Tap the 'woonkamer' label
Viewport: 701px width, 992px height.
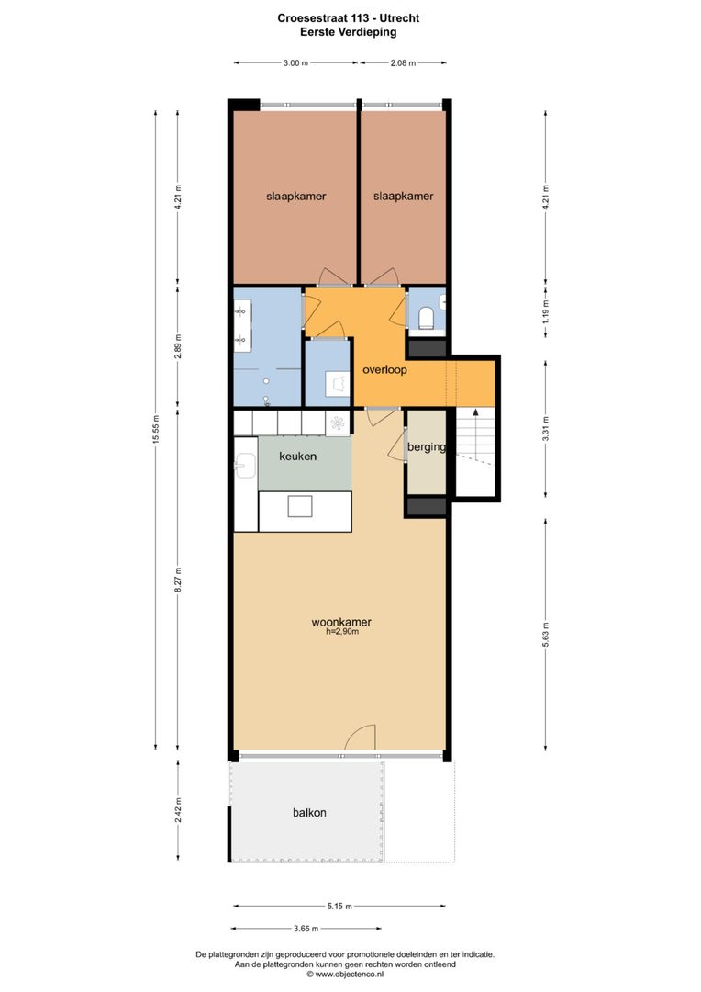point(341,622)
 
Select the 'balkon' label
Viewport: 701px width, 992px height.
point(310,813)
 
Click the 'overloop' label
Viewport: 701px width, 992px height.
point(384,371)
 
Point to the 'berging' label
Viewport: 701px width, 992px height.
point(427,448)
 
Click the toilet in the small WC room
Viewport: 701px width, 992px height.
point(426,319)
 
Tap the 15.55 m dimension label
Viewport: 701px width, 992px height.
point(157,426)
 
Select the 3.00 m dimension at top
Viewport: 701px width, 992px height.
point(295,63)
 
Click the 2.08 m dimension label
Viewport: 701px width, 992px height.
point(403,63)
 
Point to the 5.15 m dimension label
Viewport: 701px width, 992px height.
point(341,907)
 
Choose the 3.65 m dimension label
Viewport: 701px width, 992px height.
point(306,928)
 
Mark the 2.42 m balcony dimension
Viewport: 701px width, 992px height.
point(179,811)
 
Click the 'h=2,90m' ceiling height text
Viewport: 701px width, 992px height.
point(341,632)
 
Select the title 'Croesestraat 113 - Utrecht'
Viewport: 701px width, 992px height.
point(349,17)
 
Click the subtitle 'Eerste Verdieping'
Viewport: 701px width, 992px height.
point(349,31)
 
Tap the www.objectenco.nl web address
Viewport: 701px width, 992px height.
point(350,975)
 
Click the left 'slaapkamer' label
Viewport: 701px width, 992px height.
point(296,197)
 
